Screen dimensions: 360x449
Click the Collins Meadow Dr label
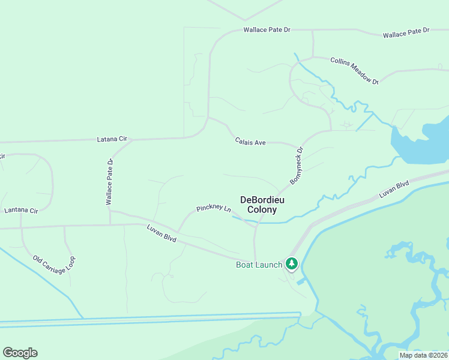click(355, 70)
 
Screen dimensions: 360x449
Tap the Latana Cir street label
click(112, 139)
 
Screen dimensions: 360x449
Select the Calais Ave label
click(250, 142)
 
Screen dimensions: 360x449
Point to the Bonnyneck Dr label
click(297, 166)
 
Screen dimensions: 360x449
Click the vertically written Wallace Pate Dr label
click(110, 182)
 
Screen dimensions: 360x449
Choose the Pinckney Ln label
click(213, 209)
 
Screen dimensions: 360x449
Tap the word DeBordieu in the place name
click(262, 200)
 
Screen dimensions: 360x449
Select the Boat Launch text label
click(259, 265)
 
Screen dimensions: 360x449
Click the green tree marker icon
click(292, 263)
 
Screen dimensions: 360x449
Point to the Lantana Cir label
click(21, 211)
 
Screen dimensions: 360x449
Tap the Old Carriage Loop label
click(55, 262)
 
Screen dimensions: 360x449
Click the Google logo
click(20, 353)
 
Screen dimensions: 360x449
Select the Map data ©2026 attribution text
click(423, 355)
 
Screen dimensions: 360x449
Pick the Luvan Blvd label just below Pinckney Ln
click(161, 233)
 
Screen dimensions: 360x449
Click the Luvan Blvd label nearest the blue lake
click(394, 190)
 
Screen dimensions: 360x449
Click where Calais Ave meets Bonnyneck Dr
click(298, 146)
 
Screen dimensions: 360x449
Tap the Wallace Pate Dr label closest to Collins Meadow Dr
click(406, 32)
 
